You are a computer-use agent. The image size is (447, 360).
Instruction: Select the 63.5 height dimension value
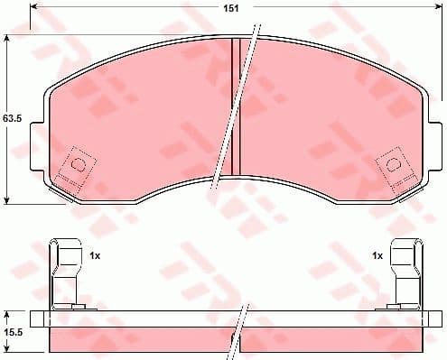(x=11, y=117)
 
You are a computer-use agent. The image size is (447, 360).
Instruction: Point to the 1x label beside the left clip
(x=94, y=257)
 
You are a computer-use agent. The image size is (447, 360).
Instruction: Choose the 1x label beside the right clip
(x=377, y=257)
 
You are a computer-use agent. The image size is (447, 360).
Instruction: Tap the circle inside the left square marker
(x=78, y=165)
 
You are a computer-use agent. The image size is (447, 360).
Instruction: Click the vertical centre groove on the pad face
(x=234, y=108)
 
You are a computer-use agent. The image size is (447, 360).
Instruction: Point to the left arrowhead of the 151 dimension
(x=35, y=10)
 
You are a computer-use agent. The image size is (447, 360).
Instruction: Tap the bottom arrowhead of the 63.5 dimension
(x=8, y=199)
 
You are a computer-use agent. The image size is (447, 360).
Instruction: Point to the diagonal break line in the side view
(x=240, y=325)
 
